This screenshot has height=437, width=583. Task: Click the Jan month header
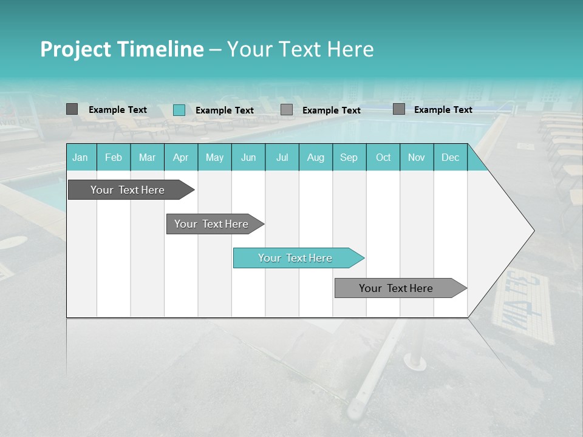(80, 157)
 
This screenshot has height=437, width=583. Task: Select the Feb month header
(114, 157)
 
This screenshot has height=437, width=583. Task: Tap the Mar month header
(147, 157)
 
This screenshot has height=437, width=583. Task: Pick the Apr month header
(181, 157)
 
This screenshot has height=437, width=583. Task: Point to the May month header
(214, 157)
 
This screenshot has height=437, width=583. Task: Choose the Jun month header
(248, 157)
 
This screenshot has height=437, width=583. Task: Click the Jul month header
(282, 157)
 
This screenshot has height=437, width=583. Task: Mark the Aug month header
(316, 157)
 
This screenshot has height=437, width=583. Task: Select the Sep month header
(349, 157)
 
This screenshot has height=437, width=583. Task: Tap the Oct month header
(383, 157)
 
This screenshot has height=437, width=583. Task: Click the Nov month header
(417, 157)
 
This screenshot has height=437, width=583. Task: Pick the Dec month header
(451, 157)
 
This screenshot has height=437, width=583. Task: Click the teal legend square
(179, 110)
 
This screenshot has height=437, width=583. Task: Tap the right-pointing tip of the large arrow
(531, 231)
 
